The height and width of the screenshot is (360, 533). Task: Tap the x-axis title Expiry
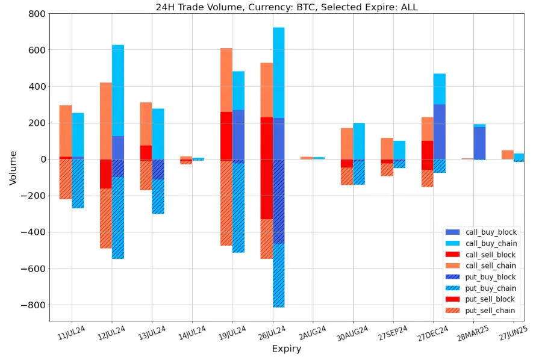pos(286,349)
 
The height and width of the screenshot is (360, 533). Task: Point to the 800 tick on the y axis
pos(34,14)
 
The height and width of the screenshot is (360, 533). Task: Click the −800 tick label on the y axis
pos(30,305)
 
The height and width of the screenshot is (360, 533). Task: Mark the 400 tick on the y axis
pos(34,87)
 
